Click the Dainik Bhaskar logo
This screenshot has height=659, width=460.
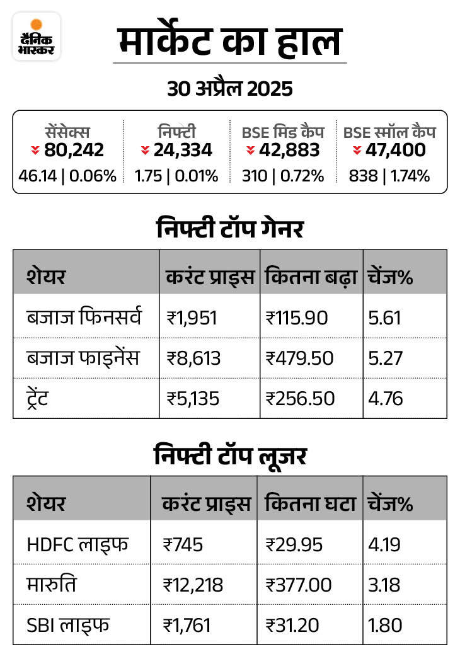click(37, 36)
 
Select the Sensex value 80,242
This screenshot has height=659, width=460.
click(74, 150)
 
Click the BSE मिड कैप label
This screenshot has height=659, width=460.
click(283, 132)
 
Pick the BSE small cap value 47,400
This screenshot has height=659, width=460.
click(398, 150)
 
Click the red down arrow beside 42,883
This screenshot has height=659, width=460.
click(250, 151)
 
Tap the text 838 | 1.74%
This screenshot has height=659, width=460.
click(389, 176)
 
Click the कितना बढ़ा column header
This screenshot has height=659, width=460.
click(311, 277)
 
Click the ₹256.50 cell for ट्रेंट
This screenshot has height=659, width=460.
click(300, 399)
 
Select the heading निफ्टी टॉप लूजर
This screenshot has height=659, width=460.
click(229, 456)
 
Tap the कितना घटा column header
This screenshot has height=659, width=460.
click(311, 503)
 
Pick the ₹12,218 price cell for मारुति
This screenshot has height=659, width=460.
click(193, 585)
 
